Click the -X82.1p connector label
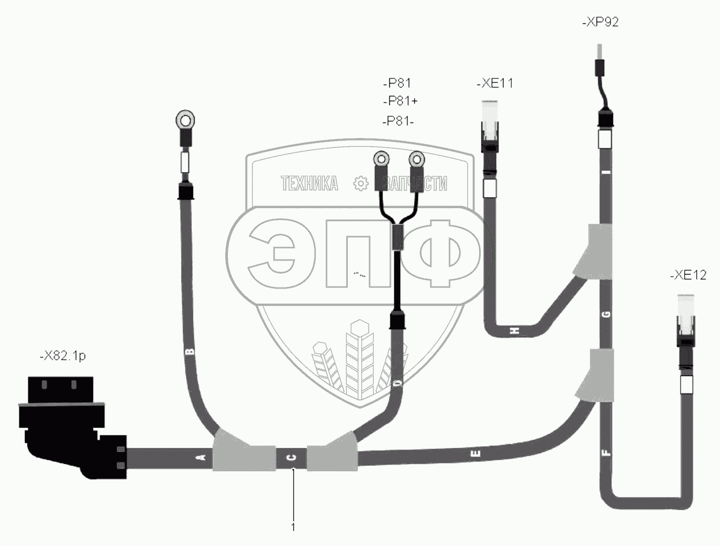[62, 356]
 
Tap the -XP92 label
[601, 22]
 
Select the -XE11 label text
[494, 83]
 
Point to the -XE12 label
[688, 275]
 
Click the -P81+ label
[400, 100]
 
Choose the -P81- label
[398, 121]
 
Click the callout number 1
[293, 527]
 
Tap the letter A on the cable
[202, 457]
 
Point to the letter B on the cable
[189, 351]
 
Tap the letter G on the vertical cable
[606, 314]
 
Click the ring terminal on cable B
[185, 120]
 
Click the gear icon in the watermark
[360, 183]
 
